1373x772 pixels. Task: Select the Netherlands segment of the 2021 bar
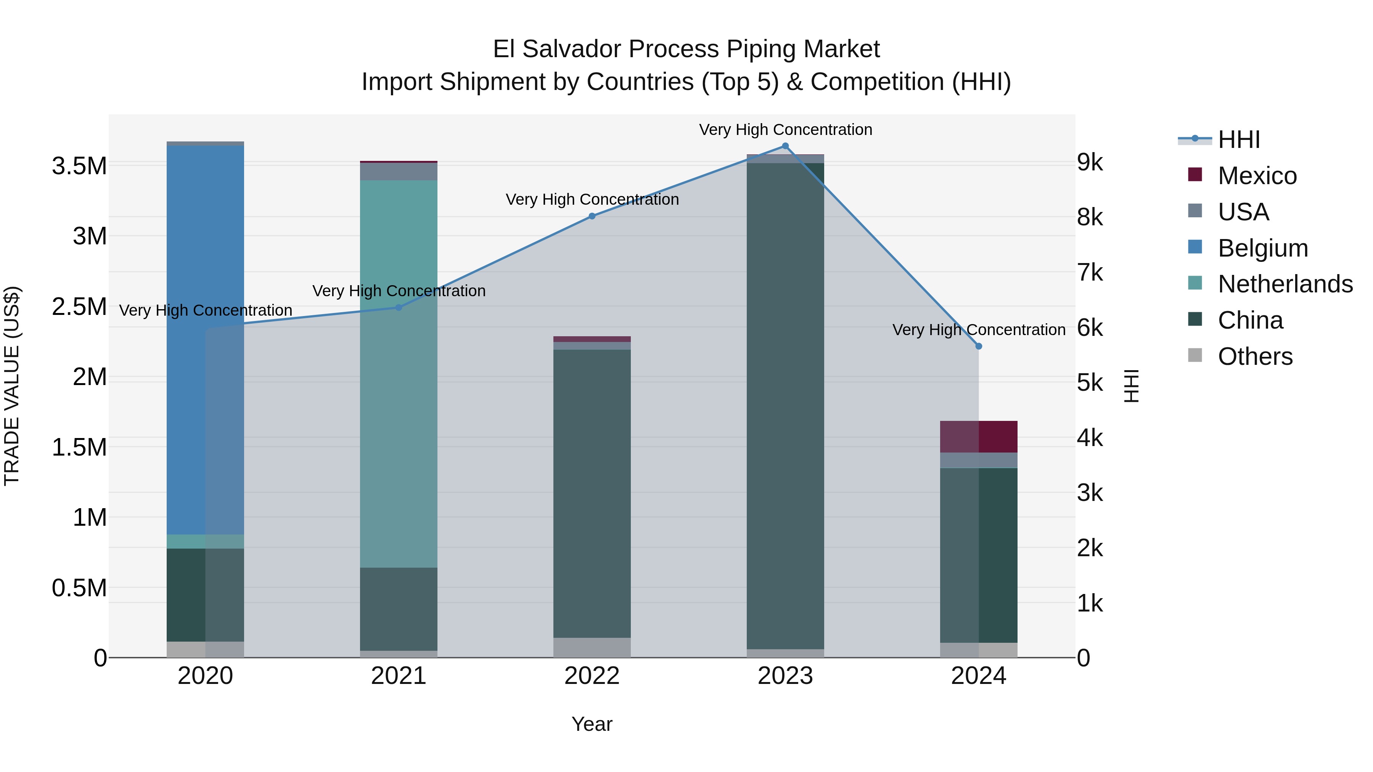pyautogui.click(x=398, y=373)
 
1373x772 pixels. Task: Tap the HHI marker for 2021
pyautogui.click(x=398, y=307)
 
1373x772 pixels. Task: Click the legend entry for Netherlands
pyautogui.click(x=1285, y=284)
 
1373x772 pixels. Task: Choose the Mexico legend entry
pyautogui.click(x=1257, y=176)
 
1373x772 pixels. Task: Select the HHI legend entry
pyautogui.click(x=1239, y=140)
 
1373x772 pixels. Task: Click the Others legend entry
pyautogui.click(x=1255, y=356)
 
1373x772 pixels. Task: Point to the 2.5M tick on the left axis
pyautogui.click(x=79, y=307)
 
